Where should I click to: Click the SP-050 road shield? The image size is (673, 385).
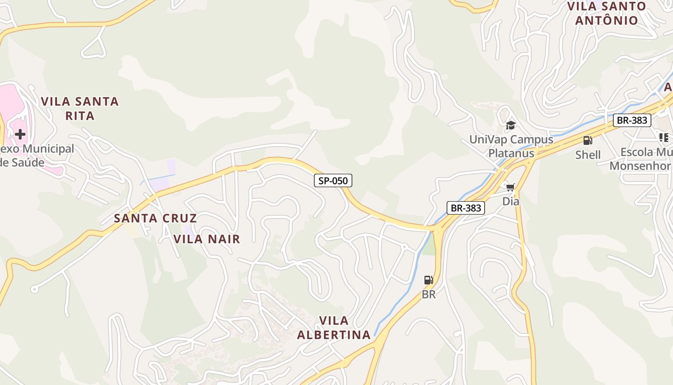[333, 181]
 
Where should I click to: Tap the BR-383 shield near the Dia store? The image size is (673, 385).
[465, 208]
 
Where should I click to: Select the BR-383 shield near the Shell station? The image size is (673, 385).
[632, 120]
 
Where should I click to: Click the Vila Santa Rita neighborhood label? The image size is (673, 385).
[80, 108]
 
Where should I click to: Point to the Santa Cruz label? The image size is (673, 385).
[155, 218]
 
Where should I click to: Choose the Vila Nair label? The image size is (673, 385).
[207, 239]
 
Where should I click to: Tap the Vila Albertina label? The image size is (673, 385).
[334, 328]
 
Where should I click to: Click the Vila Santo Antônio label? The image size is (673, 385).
[607, 13]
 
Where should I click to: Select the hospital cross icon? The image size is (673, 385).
[20, 134]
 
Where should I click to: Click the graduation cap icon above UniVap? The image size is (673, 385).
[511, 126]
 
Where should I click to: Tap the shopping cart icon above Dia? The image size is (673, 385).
[510, 187]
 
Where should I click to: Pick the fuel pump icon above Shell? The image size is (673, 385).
[587, 141]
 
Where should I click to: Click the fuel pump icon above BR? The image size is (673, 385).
[428, 280]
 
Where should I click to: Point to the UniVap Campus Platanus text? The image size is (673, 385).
[511, 146]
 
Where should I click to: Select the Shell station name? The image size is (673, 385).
[588, 154]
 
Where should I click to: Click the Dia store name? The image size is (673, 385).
[511, 201]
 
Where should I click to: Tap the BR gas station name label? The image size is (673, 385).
[428, 294]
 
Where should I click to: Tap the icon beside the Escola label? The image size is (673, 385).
[664, 138]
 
